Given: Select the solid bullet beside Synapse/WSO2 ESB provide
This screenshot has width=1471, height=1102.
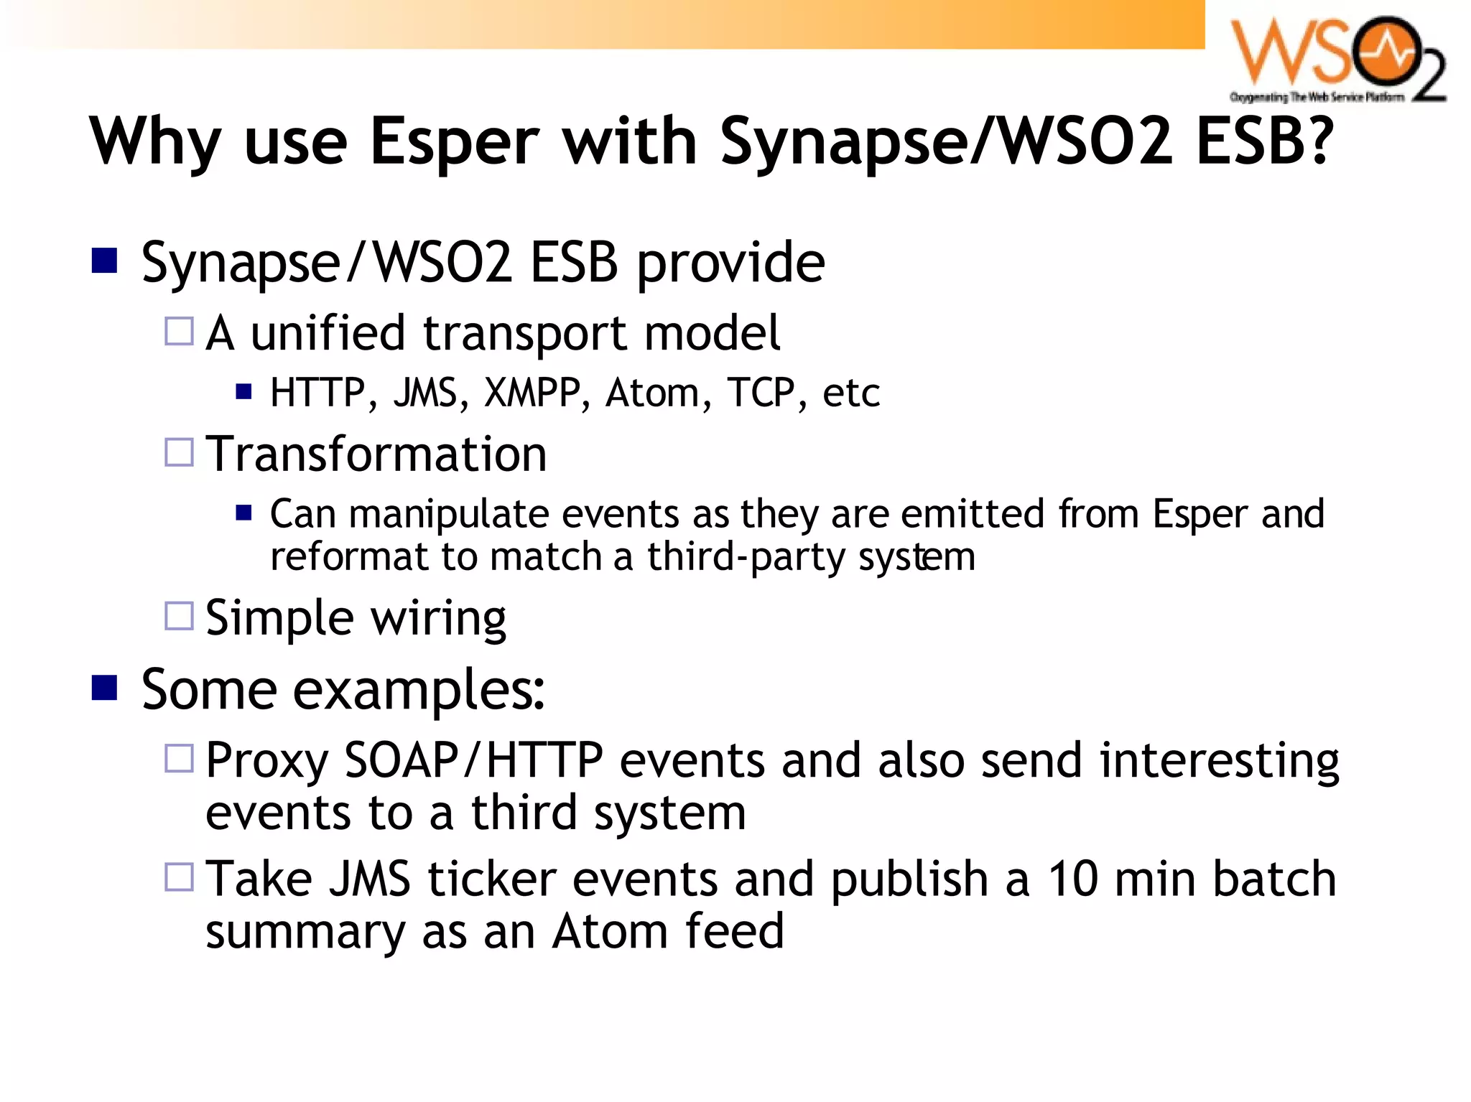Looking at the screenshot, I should (x=105, y=261).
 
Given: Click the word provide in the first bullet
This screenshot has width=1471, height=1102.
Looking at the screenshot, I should (x=731, y=263).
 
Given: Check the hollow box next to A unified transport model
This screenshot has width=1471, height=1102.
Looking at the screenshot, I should (x=179, y=332).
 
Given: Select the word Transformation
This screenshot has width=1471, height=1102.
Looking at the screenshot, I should (x=376, y=454).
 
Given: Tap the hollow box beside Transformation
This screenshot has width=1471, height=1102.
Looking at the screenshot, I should (x=179, y=452).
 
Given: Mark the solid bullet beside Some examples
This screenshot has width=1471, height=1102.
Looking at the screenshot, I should (x=105, y=687).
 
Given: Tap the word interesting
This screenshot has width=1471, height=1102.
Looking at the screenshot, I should (x=1219, y=760).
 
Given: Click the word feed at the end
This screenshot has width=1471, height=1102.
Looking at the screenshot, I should (x=733, y=931).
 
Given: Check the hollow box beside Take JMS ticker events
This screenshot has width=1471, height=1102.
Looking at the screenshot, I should (x=179, y=877).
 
